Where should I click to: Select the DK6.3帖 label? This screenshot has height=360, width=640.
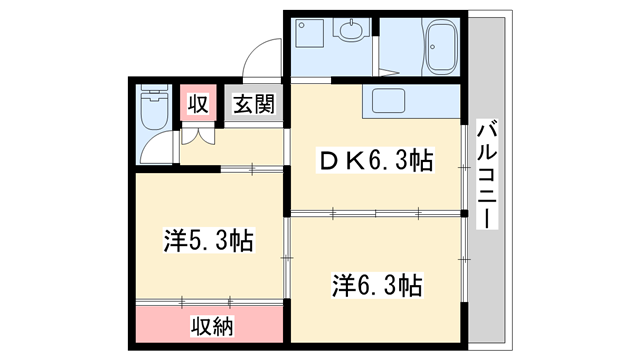pos(376,160)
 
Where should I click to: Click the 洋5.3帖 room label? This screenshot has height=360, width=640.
pos(208,239)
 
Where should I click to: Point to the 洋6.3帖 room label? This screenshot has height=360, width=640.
pos(377,285)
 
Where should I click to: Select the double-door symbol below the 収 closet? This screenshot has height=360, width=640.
pos(198,138)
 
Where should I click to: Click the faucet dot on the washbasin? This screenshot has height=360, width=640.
pos(351,27)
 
